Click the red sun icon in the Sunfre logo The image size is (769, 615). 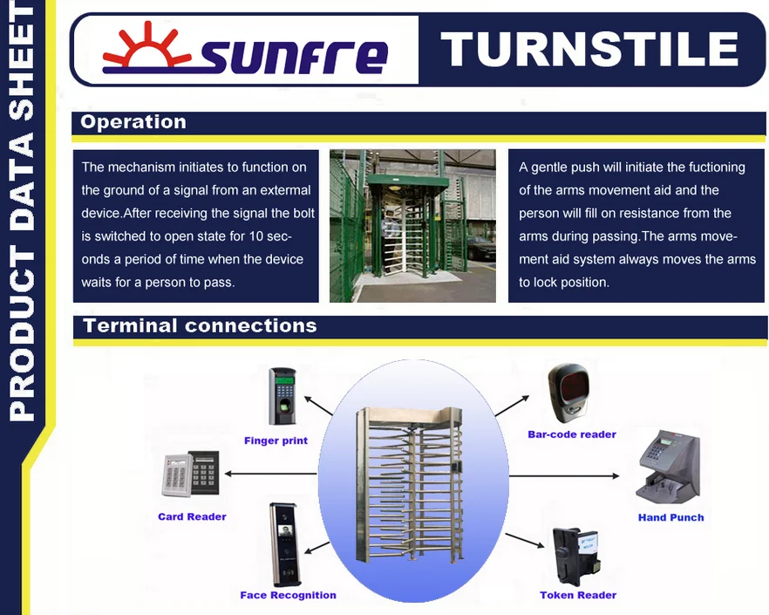point(146,46)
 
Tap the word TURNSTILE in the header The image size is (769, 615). point(589,49)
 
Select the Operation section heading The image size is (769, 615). point(133,122)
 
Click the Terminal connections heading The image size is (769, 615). point(201,326)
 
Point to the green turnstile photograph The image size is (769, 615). point(412,226)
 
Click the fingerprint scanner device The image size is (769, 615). point(282,396)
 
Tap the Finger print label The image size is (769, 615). point(276,441)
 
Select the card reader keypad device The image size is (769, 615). point(191,475)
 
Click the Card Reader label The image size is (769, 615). point(192,516)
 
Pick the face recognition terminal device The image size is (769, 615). point(283,544)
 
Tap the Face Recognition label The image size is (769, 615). point(289,595)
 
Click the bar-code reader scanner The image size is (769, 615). point(568,393)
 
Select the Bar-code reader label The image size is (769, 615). point(572,434)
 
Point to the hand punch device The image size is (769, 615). point(669,467)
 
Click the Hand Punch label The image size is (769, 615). point(671,517)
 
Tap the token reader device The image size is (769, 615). point(576,557)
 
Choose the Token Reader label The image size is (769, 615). point(578,595)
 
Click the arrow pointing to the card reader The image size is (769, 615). point(270,474)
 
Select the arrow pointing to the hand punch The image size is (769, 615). point(564,475)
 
